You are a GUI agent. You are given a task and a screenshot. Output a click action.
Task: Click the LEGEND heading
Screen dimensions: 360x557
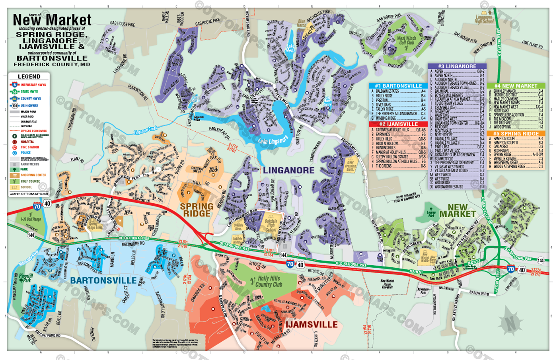(x=29, y=76)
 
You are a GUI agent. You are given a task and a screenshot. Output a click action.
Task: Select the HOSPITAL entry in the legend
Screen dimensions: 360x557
(x=27, y=142)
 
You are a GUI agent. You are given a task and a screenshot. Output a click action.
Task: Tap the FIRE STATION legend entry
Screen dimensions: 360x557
(x=30, y=147)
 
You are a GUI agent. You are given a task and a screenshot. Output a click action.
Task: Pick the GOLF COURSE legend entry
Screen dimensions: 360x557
(x=30, y=181)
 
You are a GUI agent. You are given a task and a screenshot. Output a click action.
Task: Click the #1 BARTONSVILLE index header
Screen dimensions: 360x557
(x=398, y=86)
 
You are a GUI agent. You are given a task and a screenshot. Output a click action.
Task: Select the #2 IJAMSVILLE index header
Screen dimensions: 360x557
(x=398, y=124)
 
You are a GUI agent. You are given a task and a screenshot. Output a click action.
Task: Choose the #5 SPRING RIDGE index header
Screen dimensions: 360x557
(x=516, y=134)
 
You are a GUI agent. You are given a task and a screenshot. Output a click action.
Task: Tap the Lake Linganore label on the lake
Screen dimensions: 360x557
(x=273, y=140)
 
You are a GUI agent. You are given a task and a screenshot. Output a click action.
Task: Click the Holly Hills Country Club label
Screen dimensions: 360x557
(x=269, y=281)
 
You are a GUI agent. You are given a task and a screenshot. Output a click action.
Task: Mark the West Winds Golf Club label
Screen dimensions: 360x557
(x=406, y=40)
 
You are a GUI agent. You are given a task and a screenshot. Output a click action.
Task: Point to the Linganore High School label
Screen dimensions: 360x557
(x=484, y=19)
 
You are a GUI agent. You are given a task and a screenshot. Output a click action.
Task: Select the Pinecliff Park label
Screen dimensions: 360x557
(x=26, y=278)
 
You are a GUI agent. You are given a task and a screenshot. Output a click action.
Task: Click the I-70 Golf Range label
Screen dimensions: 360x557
(x=31, y=219)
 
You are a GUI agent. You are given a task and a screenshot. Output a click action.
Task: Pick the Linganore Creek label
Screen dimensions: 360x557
(x=146, y=130)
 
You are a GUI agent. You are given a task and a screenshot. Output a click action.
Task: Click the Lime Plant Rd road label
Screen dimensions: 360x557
(x=532, y=44)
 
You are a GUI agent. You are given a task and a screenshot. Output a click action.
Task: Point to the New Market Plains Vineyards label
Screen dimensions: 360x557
(x=387, y=284)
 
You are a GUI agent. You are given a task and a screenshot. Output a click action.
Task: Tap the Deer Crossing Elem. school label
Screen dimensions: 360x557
(x=351, y=165)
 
